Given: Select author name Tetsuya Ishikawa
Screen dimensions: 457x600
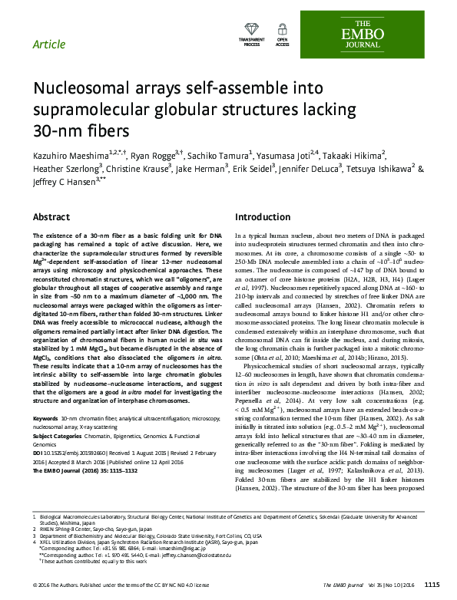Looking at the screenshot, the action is point(377,170).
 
